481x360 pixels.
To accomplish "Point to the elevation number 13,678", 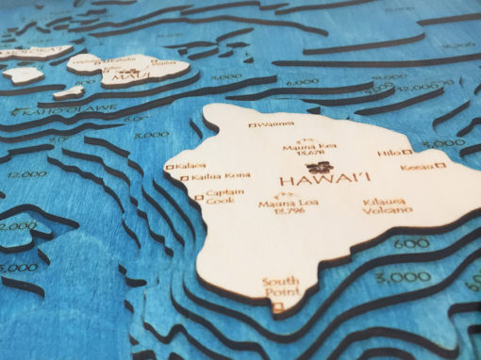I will (x=308, y=155).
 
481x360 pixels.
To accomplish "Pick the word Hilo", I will (x=388, y=152).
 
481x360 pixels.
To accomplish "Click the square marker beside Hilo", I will (x=407, y=152).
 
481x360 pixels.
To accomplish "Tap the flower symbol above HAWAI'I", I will (x=310, y=165).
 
